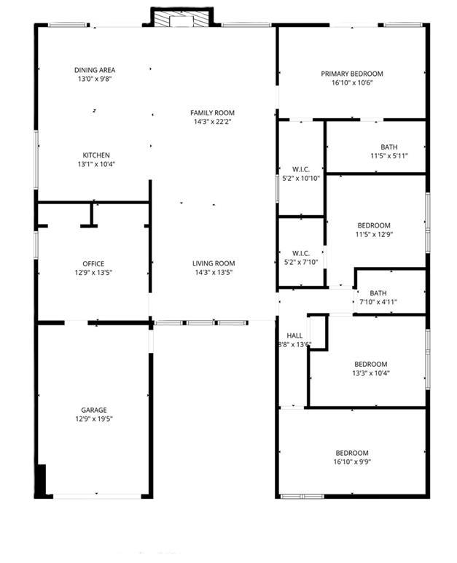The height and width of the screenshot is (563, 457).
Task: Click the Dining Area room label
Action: (x=95, y=70)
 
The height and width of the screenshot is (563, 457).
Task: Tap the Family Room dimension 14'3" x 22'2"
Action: (x=212, y=122)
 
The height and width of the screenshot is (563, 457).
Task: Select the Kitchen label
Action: (x=96, y=155)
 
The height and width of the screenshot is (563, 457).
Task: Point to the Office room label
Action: (x=93, y=264)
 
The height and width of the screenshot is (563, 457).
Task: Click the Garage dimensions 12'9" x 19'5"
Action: (x=93, y=419)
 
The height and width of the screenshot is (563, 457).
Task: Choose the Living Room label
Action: (x=213, y=264)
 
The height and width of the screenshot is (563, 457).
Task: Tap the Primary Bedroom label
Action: (x=352, y=74)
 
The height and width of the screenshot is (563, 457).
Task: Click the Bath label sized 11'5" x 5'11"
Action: (x=388, y=147)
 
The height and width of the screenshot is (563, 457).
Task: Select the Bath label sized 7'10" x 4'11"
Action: (x=378, y=293)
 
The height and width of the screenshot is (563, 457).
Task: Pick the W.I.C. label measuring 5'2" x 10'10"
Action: (x=301, y=169)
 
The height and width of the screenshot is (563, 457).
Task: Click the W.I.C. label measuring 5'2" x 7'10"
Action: (x=301, y=253)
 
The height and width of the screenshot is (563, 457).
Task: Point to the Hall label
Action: (x=294, y=336)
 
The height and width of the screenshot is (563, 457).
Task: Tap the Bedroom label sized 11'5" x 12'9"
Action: (x=373, y=225)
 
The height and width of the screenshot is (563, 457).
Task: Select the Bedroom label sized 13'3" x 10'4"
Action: (x=370, y=364)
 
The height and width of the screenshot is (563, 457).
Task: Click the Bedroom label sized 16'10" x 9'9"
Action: (x=352, y=452)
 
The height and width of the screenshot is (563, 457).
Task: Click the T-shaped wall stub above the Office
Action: (x=91, y=215)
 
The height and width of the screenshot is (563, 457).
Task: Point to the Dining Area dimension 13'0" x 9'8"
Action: (x=95, y=79)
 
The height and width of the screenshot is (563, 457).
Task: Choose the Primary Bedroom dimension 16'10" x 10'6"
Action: (x=352, y=82)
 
